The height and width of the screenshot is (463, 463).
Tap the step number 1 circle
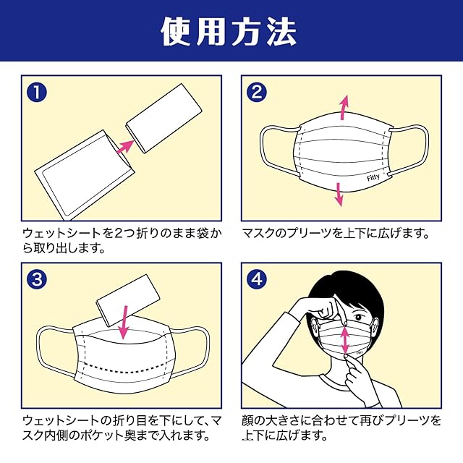tap(37, 93)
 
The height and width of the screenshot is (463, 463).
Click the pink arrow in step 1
tap(124, 144)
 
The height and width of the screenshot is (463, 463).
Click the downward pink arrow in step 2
tap(338, 193)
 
